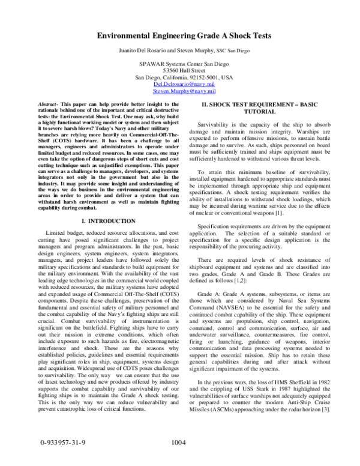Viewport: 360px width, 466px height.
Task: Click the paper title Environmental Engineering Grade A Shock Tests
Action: [x=180, y=36]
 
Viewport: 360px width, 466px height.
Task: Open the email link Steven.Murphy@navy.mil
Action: [x=180, y=94]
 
